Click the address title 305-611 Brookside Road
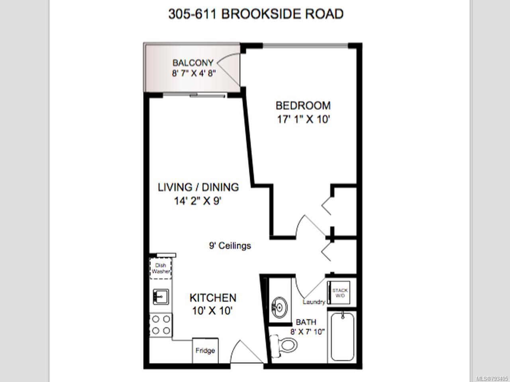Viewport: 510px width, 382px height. point(256,14)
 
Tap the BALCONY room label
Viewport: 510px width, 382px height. point(193,62)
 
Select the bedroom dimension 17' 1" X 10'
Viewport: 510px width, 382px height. point(303,120)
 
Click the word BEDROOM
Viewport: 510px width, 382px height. point(303,106)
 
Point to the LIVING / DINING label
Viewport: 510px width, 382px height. point(198,187)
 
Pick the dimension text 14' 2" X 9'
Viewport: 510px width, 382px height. point(198,201)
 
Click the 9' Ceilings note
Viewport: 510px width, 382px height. point(230,246)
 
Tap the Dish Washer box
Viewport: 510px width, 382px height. point(161,268)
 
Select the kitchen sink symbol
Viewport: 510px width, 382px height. point(161,297)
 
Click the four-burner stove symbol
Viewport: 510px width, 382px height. point(161,325)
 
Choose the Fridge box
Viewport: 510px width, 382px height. point(205,351)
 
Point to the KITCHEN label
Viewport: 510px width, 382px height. point(213,298)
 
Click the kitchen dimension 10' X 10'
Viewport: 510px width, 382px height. point(212,311)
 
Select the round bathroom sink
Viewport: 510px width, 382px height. point(280,308)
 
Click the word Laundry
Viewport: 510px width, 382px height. point(314,302)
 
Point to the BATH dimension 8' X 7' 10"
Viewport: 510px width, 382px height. point(308,332)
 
